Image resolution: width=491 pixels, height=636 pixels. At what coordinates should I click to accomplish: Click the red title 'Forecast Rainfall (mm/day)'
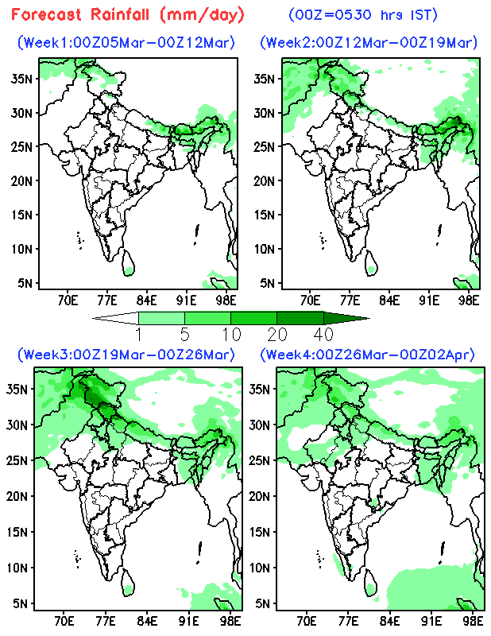128,15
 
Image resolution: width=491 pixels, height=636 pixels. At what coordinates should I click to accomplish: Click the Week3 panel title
126,353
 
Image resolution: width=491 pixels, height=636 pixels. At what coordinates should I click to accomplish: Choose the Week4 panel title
369,353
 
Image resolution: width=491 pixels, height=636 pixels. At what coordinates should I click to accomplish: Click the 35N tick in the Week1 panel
22,78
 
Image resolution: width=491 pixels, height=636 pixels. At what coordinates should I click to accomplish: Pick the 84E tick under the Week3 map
145,619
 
